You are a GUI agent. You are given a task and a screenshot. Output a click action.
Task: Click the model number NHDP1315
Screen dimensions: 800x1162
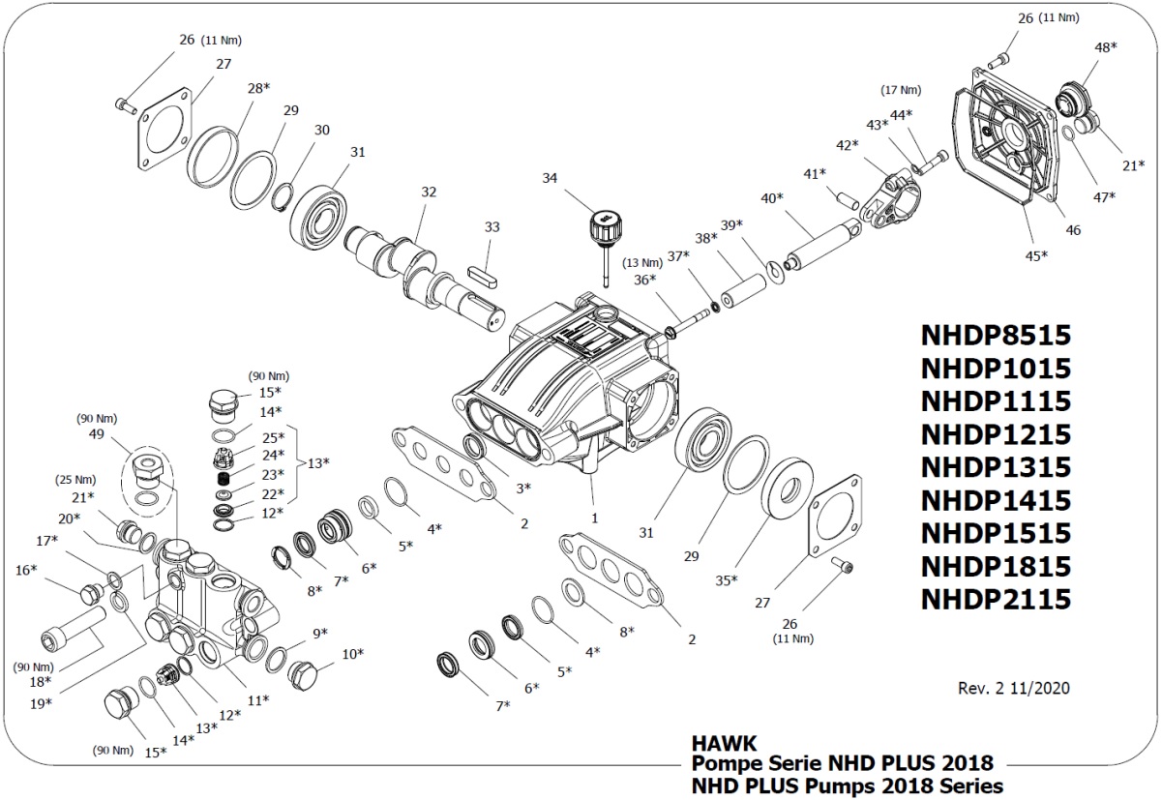click(996, 467)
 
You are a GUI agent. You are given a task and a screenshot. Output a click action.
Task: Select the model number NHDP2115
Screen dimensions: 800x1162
click(996, 599)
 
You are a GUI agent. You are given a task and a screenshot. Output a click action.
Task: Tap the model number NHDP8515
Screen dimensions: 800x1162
click(996, 336)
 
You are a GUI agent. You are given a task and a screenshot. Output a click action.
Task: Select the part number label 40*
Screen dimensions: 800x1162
click(772, 199)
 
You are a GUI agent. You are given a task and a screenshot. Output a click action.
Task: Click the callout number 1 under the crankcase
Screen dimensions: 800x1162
click(594, 518)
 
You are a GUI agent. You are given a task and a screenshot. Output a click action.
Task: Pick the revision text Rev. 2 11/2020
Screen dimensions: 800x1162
click(1014, 689)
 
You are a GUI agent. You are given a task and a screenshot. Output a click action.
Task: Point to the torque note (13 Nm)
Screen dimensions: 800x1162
click(642, 263)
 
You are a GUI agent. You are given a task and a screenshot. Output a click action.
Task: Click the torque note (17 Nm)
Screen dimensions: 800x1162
click(900, 90)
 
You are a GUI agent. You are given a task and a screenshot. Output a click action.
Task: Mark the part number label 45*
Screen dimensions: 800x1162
click(1036, 255)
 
